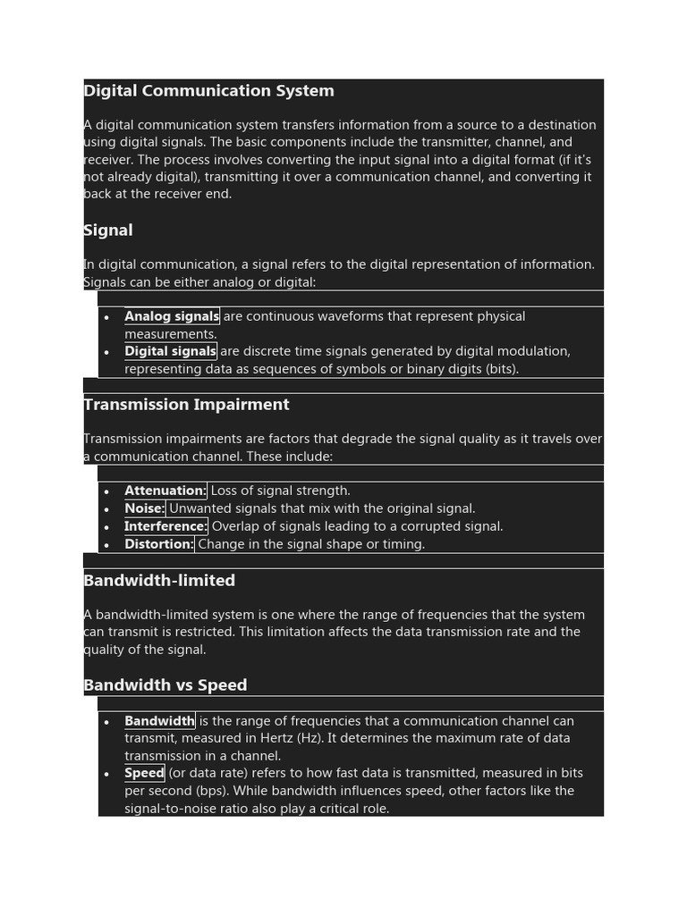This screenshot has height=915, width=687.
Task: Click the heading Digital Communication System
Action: coord(208,91)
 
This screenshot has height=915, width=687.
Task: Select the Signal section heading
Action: coord(108,231)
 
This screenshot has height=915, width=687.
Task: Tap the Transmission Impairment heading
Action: coord(186,405)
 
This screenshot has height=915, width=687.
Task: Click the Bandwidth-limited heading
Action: coord(159,581)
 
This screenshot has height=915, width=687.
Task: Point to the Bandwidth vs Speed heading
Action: coord(165,685)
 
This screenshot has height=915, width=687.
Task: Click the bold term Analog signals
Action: coord(172,316)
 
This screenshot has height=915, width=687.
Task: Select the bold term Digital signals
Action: coord(170,351)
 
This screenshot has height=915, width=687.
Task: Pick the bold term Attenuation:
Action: coord(165,491)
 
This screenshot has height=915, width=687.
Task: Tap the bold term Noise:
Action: coord(145,508)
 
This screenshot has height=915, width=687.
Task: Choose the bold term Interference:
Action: coord(165,526)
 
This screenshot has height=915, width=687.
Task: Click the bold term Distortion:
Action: coord(159,544)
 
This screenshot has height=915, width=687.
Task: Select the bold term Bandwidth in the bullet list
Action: coord(159,721)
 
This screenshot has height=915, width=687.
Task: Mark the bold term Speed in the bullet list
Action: coord(144,773)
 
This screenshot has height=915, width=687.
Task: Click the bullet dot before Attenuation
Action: coord(106,491)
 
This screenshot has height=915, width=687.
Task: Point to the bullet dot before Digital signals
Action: coord(106,352)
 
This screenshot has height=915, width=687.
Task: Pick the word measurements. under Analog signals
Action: coord(171,334)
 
